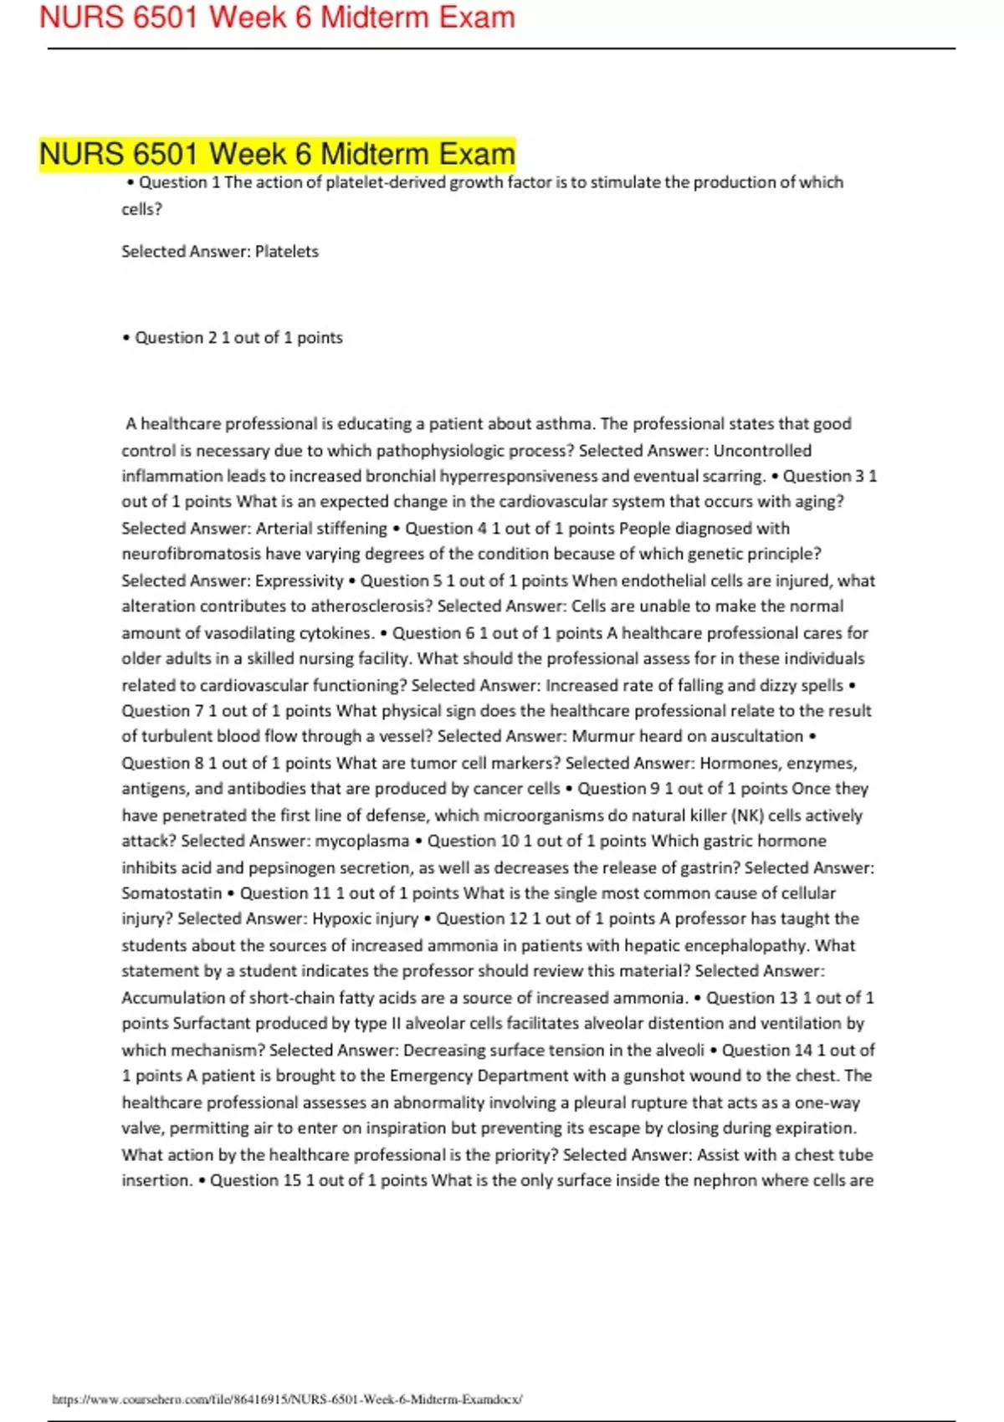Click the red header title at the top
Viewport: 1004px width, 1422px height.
277,18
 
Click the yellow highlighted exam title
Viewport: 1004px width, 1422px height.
277,154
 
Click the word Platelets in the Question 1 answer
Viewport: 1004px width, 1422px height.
287,251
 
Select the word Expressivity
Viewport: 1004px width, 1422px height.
300,581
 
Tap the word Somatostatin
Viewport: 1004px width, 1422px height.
172,893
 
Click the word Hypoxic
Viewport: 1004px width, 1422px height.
340,918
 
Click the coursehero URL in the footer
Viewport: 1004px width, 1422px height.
287,1399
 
